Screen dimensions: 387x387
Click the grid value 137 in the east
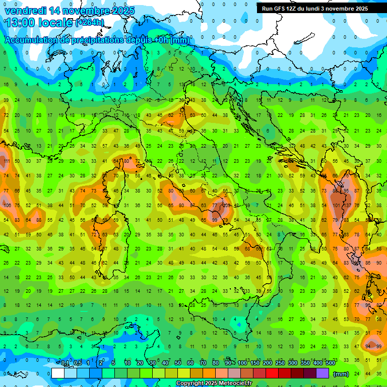coord(348,206)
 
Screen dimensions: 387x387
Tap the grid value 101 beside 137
coord(336,206)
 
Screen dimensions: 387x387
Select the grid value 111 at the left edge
coord(7,161)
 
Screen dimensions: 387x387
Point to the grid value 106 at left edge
coord(7,206)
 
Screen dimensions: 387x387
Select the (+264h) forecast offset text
coord(90,23)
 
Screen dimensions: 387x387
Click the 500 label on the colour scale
coord(331,363)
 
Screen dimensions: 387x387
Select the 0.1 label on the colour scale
coord(64,363)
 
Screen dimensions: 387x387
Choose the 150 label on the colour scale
coord(255,363)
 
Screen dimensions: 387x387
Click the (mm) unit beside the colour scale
coord(341,374)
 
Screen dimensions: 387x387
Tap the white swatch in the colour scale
coord(58,373)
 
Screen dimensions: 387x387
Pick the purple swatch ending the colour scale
coord(322,373)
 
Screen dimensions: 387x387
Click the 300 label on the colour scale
coord(293,363)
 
